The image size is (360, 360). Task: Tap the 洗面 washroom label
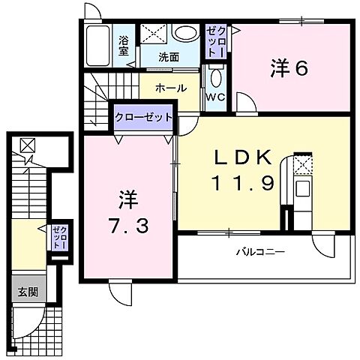168,56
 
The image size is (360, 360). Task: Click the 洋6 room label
288,68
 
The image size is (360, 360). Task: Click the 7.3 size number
124,223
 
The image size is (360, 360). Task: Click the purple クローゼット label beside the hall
144,117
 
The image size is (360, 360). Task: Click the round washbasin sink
182,34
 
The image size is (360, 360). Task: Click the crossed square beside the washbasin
153,34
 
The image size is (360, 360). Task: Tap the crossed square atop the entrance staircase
26,145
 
